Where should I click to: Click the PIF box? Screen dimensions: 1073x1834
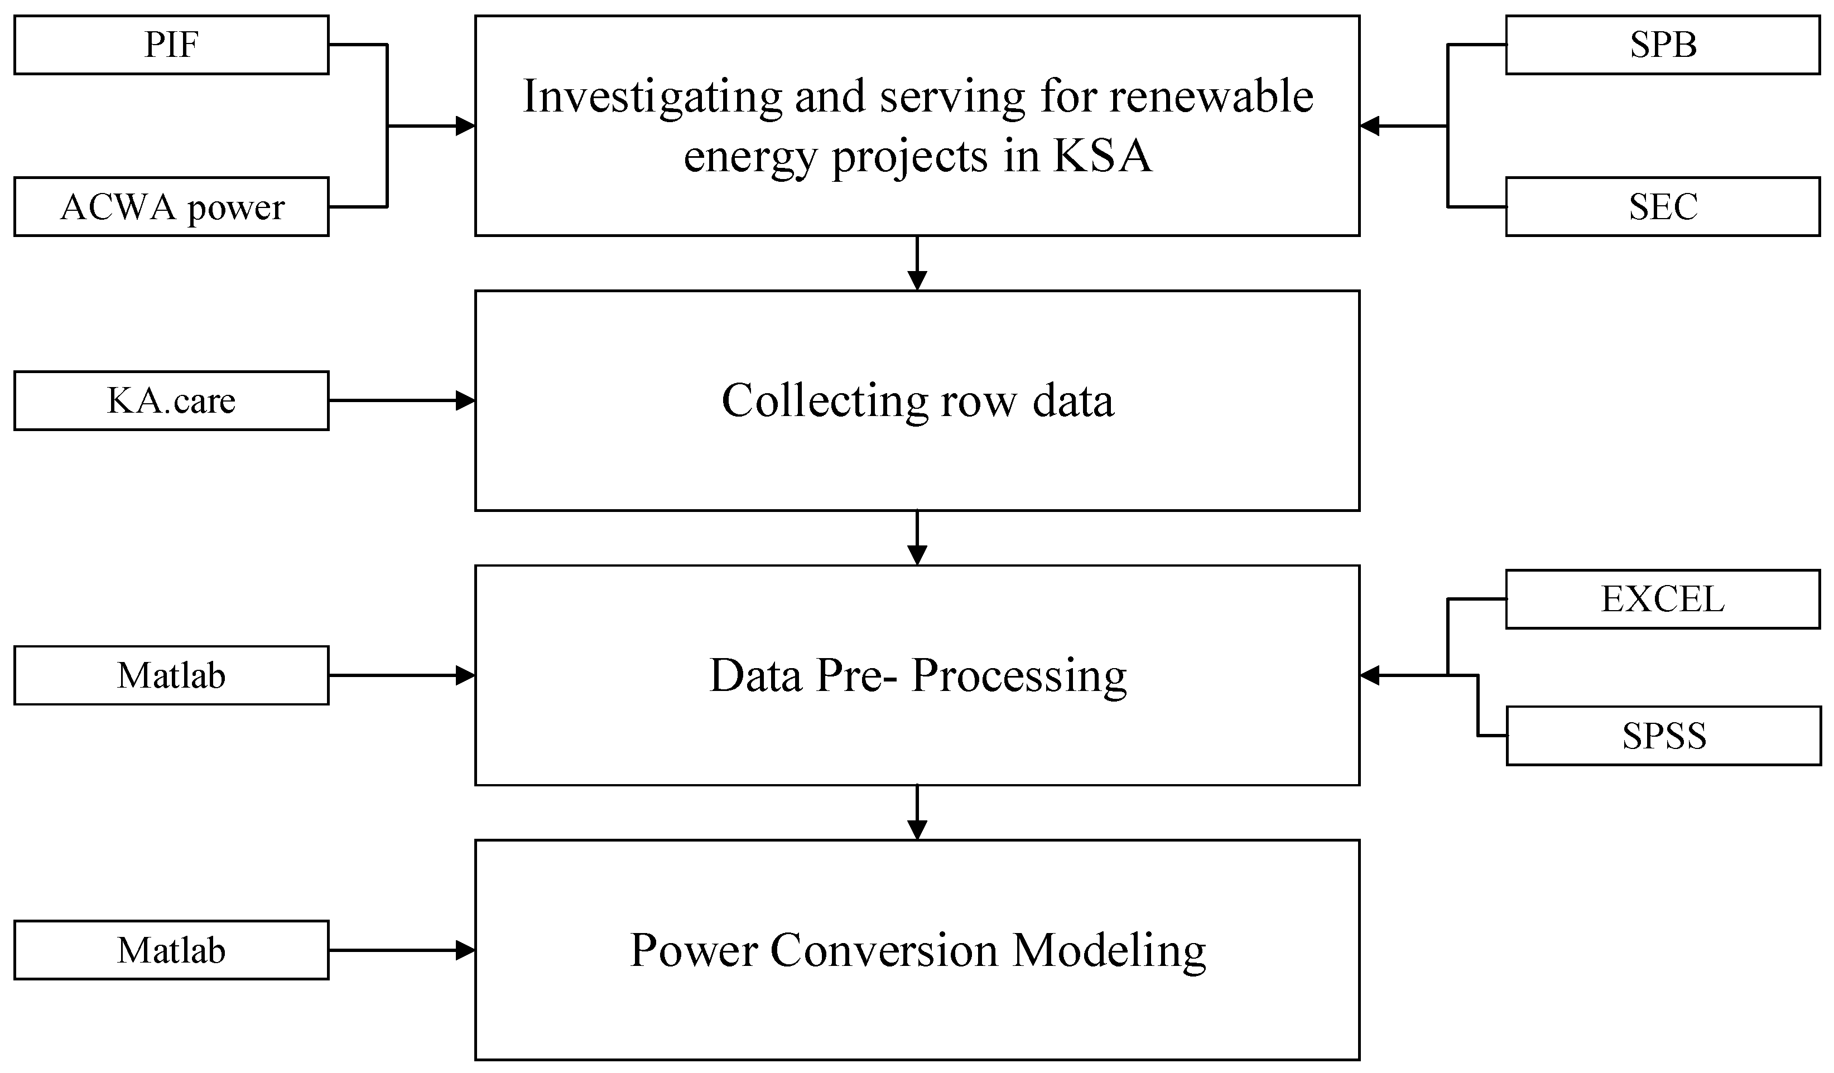pos(171,45)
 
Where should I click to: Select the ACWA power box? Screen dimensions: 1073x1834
pos(171,206)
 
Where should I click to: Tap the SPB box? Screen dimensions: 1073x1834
pos(1663,45)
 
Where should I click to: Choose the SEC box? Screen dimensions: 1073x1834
pos(1663,206)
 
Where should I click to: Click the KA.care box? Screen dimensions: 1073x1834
pos(171,401)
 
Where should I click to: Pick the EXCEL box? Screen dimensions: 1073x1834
pos(1663,600)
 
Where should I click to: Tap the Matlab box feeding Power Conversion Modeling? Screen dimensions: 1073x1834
pos(171,951)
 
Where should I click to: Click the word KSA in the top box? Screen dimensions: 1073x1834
pos(1102,156)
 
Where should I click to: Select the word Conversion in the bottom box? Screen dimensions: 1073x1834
pos(884,951)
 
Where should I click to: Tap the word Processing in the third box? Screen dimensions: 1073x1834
pos(1019,676)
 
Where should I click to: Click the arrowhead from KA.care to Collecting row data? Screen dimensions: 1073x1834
pos(466,401)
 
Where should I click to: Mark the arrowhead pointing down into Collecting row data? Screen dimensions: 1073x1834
pos(917,281)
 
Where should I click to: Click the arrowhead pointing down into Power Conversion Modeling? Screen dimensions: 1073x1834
pos(917,830)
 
